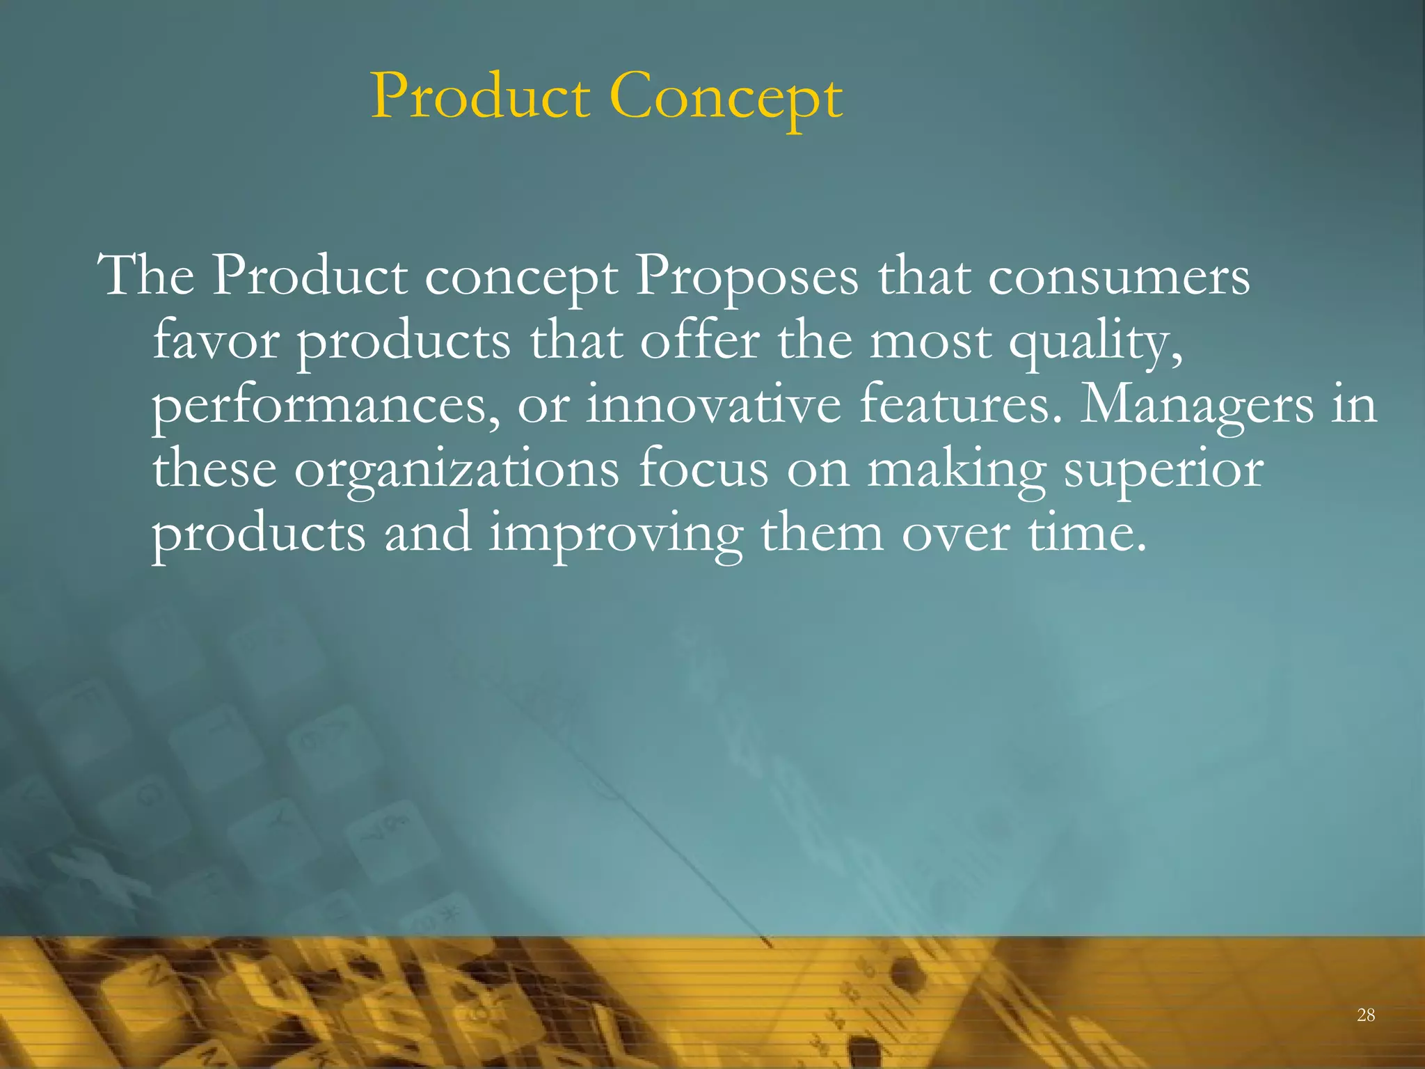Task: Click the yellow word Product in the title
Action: pyautogui.click(x=480, y=97)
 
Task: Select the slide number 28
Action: pyautogui.click(x=1366, y=1015)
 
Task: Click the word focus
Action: pyautogui.click(x=703, y=470)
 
